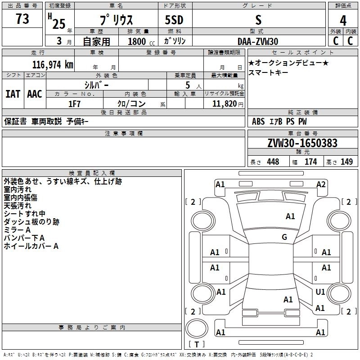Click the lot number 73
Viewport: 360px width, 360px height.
tap(22, 19)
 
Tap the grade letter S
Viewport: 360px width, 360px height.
tap(258, 20)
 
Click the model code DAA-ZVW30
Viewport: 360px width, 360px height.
tap(258, 41)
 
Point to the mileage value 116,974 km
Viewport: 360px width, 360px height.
tap(53, 65)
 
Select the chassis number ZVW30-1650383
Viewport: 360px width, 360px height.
tap(302, 144)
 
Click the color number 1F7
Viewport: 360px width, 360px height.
tap(74, 104)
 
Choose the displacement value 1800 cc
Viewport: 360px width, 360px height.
tap(137, 42)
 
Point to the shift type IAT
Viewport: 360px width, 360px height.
tap(13, 94)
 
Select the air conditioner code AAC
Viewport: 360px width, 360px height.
tap(35, 94)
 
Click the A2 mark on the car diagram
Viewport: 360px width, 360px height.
tap(321, 184)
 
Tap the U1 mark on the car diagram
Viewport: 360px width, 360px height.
tap(320, 292)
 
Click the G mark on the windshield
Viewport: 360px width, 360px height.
tap(284, 237)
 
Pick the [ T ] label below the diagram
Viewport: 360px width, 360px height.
tap(197, 344)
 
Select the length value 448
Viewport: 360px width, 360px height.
tap(273, 162)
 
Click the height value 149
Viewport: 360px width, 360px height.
tap(346, 162)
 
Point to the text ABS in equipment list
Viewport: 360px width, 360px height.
tap(258, 121)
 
